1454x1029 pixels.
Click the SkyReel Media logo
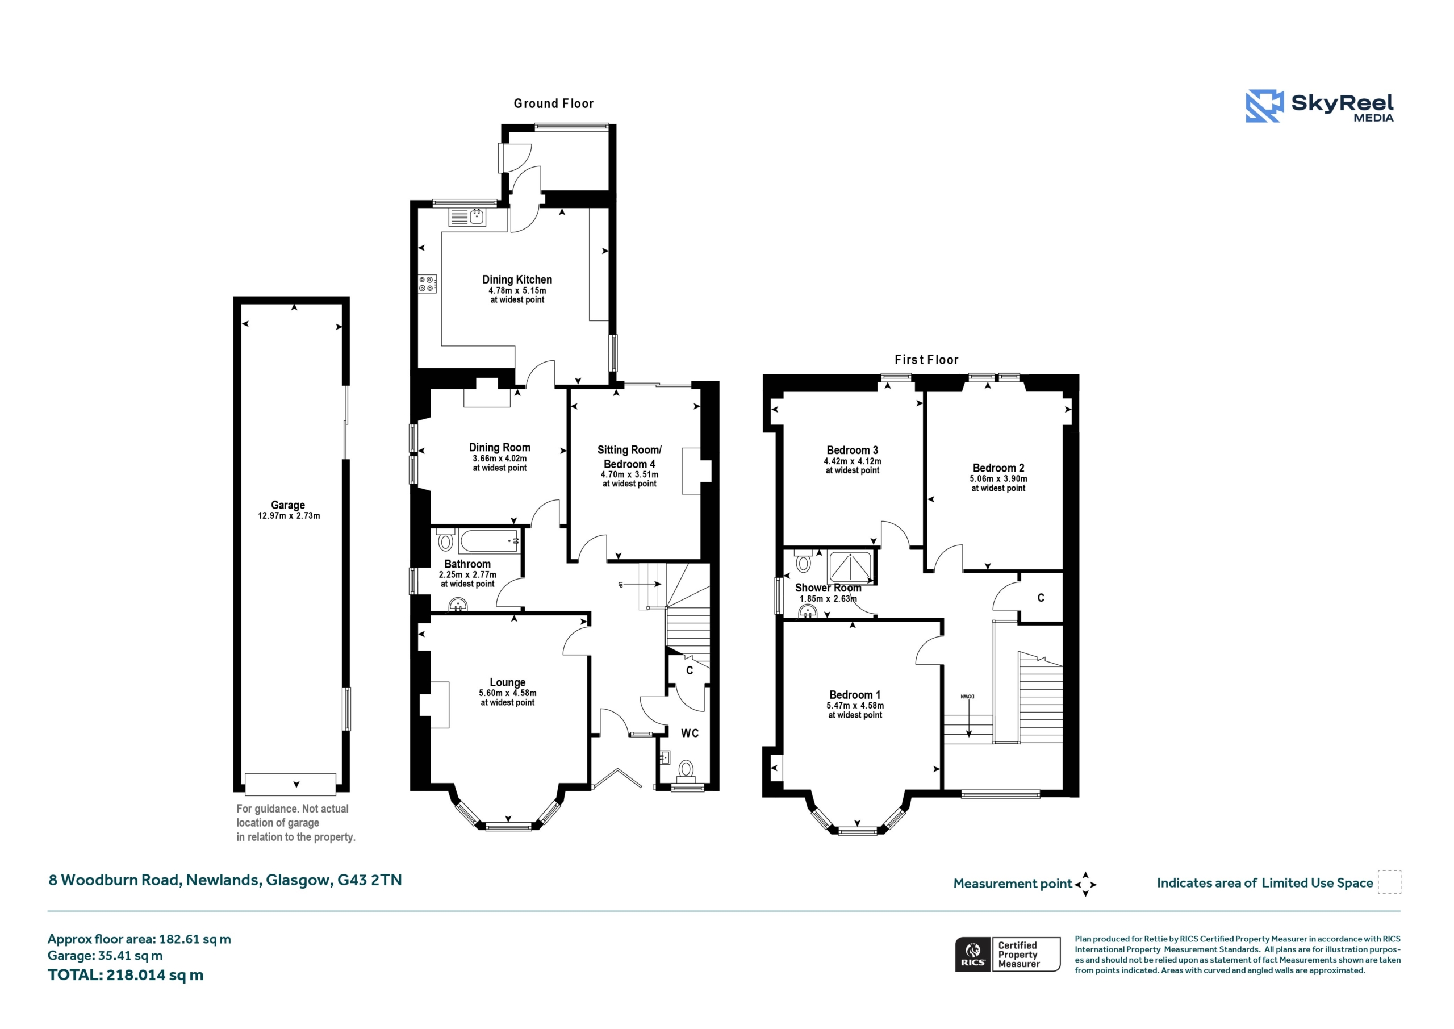[x=1320, y=106]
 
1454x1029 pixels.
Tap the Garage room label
[x=288, y=505]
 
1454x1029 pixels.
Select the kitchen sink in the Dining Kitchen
[x=467, y=217]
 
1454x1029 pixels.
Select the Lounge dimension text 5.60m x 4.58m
[x=507, y=693]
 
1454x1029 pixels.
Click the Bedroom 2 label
[x=998, y=468]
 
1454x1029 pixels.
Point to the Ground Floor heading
[x=553, y=103]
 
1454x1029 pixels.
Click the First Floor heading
[x=926, y=360]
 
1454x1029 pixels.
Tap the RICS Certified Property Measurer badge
[x=1008, y=954]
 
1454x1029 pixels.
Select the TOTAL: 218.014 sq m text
[x=126, y=975]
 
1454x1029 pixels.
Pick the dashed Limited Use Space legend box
[x=1390, y=882]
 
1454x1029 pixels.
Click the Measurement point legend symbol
[x=1085, y=884]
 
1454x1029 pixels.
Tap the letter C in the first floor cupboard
[x=1041, y=598]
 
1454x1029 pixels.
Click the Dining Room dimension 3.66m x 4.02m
[x=500, y=459]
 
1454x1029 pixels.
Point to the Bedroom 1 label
[x=855, y=695]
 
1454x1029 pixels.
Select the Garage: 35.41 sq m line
[x=105, y=956]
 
